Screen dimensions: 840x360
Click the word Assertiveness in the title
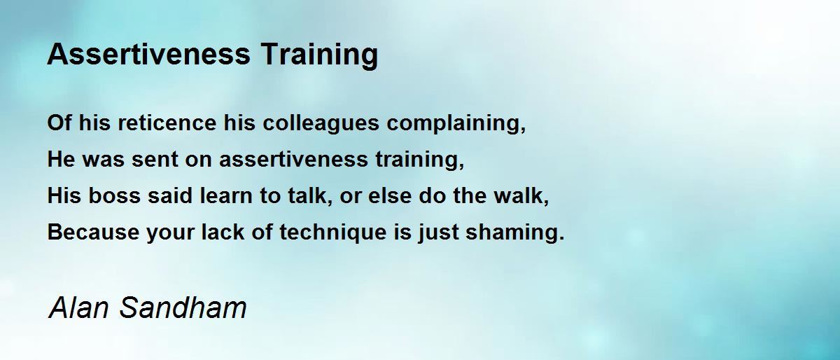click(149, 54)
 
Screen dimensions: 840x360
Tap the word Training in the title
click(320, 55)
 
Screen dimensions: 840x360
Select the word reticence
click(167, 123)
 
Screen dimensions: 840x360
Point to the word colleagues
click(321, 123)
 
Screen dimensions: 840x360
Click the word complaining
click(454, 123)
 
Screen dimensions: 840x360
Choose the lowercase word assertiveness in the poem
click(293, 159)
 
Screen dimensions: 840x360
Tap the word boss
click(114, 195)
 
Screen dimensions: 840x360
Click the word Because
click(93, 232)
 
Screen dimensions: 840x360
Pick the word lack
click(223, 232)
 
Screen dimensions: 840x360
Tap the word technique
click(333, 233)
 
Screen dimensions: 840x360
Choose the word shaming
click(512, 233)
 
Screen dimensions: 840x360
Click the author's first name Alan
click(78, 307)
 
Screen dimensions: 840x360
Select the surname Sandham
click(183, 307)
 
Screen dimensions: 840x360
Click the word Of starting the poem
click(59, 123)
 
